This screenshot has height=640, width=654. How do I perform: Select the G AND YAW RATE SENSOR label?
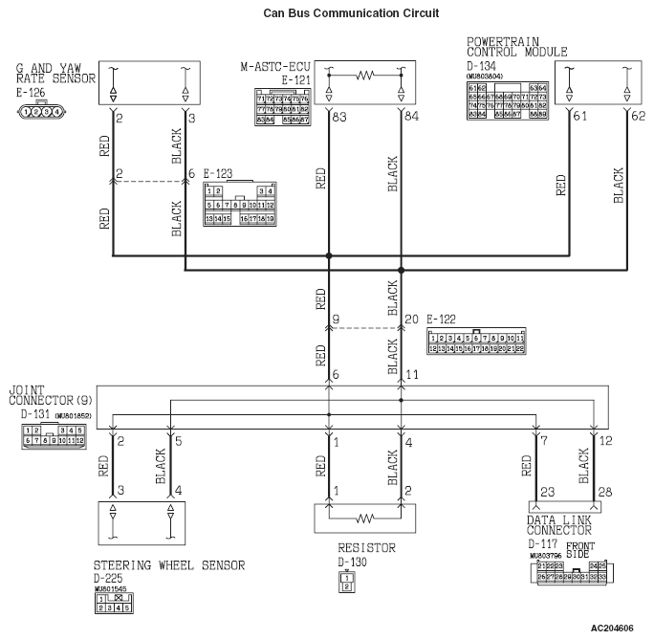[54, 75]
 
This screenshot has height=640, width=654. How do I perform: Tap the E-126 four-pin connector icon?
[40, 111]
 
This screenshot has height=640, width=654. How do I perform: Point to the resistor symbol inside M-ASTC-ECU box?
[363, 74]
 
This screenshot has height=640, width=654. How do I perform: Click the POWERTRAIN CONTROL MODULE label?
[516, 47]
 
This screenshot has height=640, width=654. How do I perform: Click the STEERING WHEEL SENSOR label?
[168, 565]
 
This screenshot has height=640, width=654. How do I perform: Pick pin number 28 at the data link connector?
[605, 493]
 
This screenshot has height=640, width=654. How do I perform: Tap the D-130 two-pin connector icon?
[347, 582]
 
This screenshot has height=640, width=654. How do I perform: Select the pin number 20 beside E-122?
[411, 319]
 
